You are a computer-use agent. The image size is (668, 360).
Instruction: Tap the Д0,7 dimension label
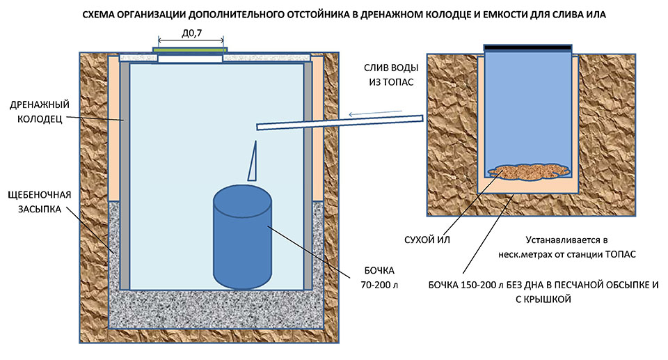tap(191, 33)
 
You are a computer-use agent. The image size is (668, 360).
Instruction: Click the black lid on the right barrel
tap(528, 47)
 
